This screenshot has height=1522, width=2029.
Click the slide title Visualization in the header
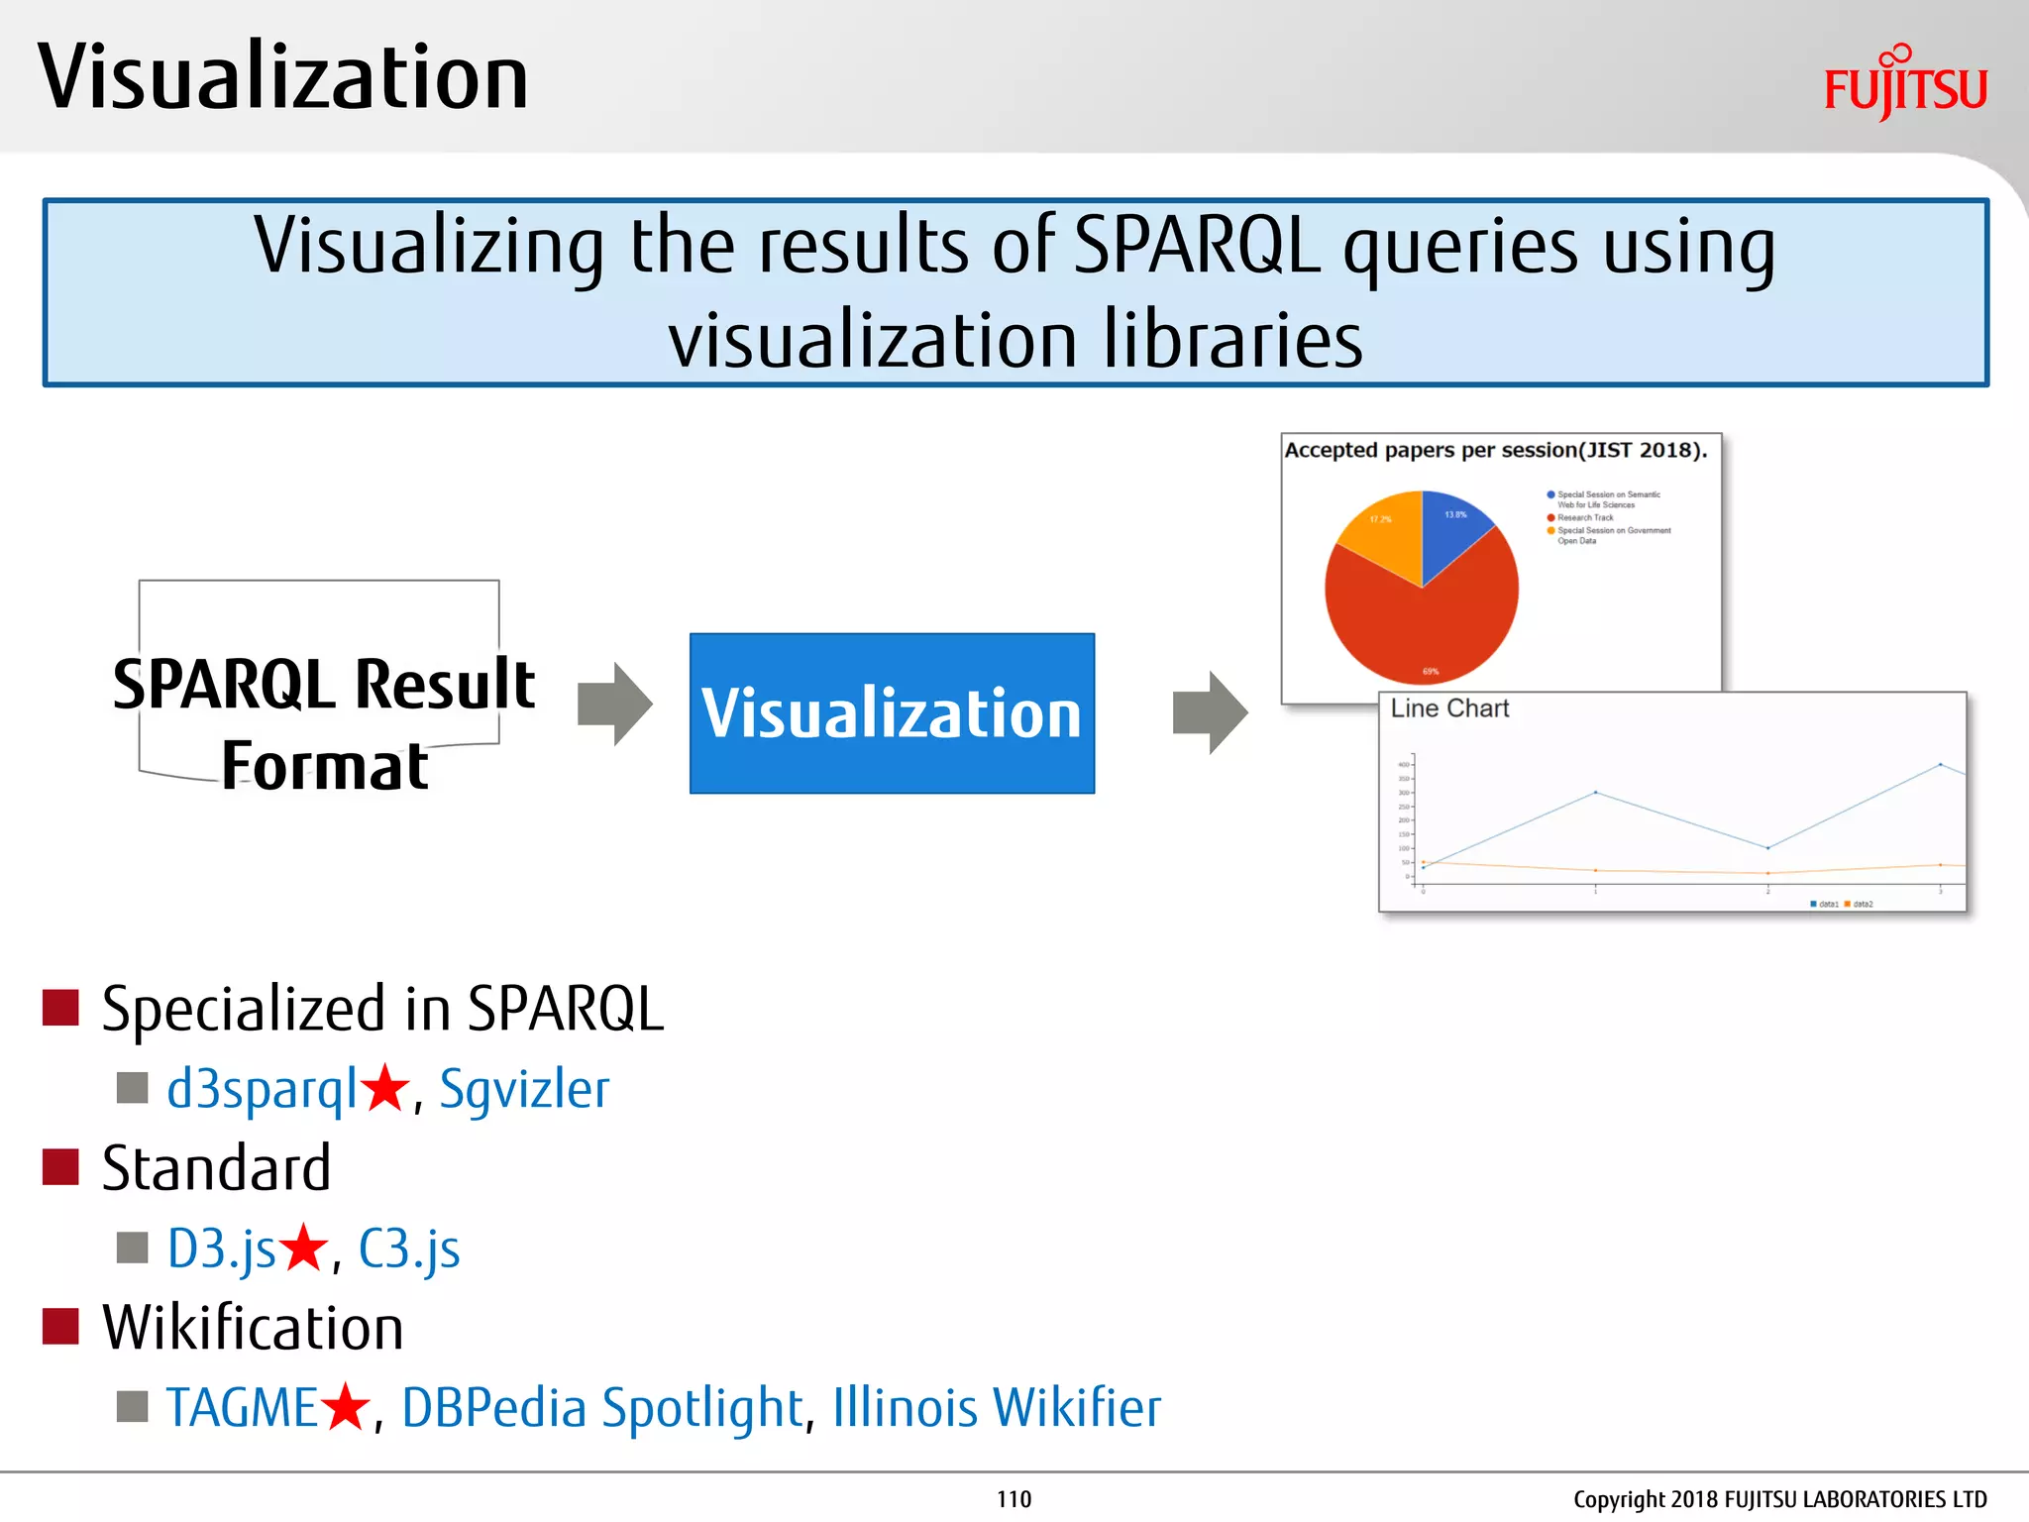pos(283,77)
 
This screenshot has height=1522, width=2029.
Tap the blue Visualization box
pos(892,713)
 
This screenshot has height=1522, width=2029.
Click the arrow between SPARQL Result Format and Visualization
pos(615,705)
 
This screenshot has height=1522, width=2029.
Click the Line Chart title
pos(1449,708)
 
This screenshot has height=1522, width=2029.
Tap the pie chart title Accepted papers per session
pos(1495,450)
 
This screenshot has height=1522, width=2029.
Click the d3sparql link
pos(262,1089)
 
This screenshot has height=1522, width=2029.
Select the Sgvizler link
pos(524,1089)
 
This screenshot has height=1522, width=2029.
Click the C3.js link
pos(409,1249)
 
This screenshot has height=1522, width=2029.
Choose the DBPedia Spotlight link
pos(602,1408)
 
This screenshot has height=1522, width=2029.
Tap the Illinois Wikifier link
pos(996,1408)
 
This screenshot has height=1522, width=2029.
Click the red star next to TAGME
pos(346,1406)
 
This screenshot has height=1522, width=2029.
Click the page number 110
pos(1014,1499)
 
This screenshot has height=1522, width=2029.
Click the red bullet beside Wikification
pos(60,1327)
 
